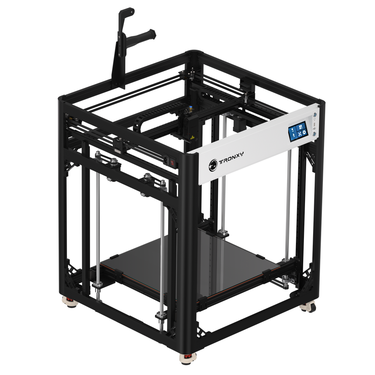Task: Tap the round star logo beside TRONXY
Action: [213, 165]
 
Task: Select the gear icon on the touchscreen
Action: [304, 132]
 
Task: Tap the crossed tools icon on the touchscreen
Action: [300, 134]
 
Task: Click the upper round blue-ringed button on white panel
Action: [315, 115]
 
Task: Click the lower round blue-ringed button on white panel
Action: [315, 134]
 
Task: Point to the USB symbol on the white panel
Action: [315, 129]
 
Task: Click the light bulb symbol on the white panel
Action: [315, 120]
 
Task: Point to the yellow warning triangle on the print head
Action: [192, 138]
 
